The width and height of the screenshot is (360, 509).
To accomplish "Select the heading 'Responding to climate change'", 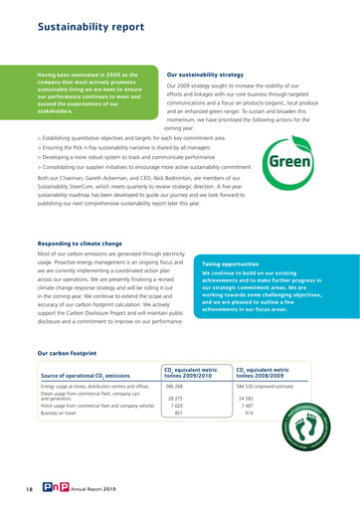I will [x=87, y=215].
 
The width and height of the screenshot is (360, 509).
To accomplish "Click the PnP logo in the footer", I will [x=48, y=487].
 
